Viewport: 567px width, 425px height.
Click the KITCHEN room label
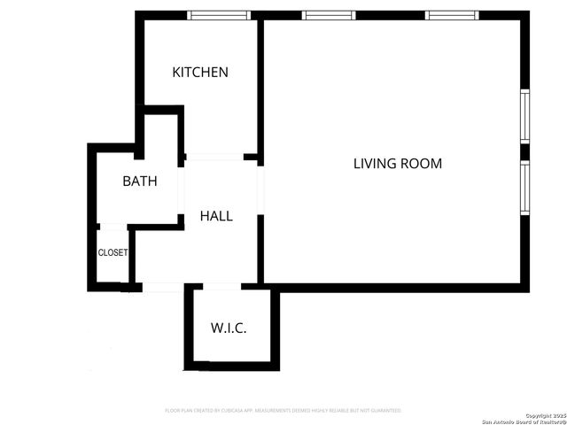click(x=200, y=73)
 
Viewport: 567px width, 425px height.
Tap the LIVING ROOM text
click(x=398, y=164)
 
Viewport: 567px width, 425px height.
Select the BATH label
click(x=140, y=182)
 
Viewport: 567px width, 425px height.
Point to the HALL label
click(x=216, y=216)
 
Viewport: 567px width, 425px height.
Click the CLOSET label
click(x=113, y=252)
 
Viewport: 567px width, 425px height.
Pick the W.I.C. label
click(x=229, y=328)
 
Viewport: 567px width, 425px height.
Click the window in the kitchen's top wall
click(x=216, y=15)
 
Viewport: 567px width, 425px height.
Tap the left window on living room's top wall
click(x=329, y=15)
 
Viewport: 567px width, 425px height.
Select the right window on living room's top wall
click(x=452, y=15)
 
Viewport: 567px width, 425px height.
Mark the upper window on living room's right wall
click(x=524, y=116)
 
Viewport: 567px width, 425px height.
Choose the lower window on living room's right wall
click(x=524, y=189)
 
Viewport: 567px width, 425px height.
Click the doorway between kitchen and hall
click(x=214, y=158)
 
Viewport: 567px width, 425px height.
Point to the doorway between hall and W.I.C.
click(x=221, y=287)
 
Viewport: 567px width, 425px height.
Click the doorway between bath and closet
click(x=113, y=228)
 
